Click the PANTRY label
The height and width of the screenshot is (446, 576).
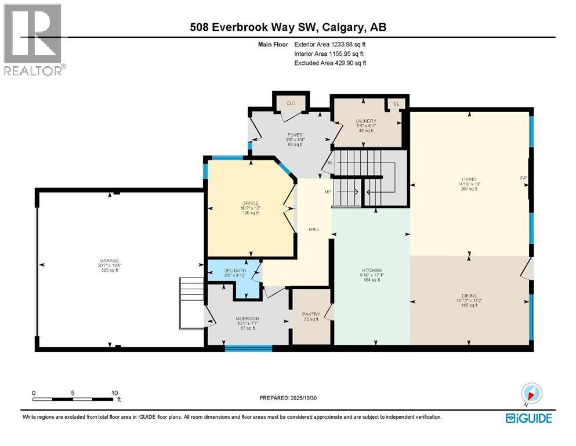coord(310,314)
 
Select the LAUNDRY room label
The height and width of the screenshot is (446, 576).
coord(366,121)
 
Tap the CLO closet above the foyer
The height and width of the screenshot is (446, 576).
coord(291,103)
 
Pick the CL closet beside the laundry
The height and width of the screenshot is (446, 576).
coord(396,103)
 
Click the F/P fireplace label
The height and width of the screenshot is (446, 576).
coord(522,178)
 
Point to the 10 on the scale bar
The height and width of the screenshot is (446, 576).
coord(114,392)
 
